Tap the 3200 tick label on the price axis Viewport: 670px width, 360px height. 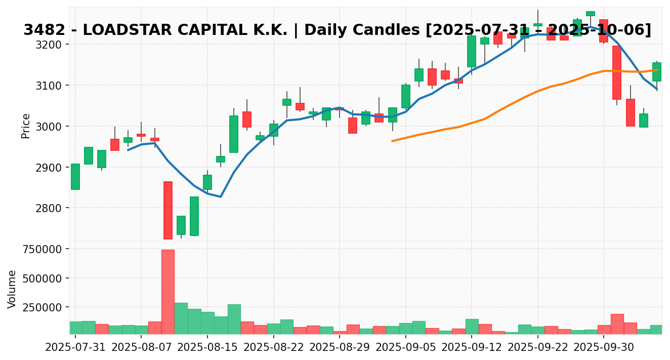pyautogui.click(x=51, y=45)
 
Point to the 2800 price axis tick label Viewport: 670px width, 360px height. pyautogui.click(x=51, y=208)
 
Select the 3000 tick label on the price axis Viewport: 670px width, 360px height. pyautogui.click(x=51, y=127)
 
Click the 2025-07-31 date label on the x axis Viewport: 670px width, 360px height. pyautogui.click(x=75, y=347)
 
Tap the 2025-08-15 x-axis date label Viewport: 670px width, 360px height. pyautogui.click(x=207, y=347)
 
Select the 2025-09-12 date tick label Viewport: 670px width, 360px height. pyautogui.click(x=472, y=347)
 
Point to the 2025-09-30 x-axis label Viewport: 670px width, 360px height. pyautogui.click(x=604, y=347)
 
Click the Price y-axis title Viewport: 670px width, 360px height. pyautogui.click(x=26, y=126)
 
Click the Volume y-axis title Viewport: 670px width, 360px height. pyautogui.click(x=12, y=289)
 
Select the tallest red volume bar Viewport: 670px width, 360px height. pyautogui.click(x=168, y=292)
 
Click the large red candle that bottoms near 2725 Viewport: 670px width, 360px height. pyautogui.click(x=168, y=210)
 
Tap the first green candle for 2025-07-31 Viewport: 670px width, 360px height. pyautogui.click(x=75, y=177)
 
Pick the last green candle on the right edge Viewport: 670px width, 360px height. pyautogui.click(x=657, y=72)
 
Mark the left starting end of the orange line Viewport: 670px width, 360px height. pyautogui.click(x=392, y=141)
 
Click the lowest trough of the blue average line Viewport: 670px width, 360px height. pyautogui.click(x=221, y=196)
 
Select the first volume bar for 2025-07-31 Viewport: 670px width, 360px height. pyautogui.click(x=75, y=328)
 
